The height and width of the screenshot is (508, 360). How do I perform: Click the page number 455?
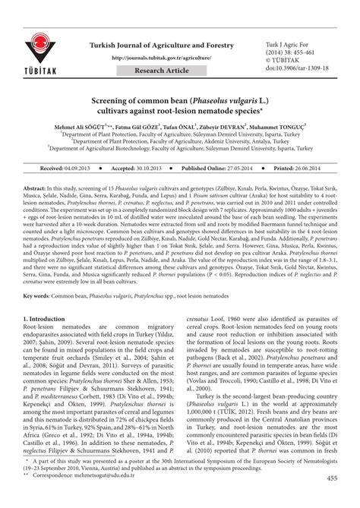332,498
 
